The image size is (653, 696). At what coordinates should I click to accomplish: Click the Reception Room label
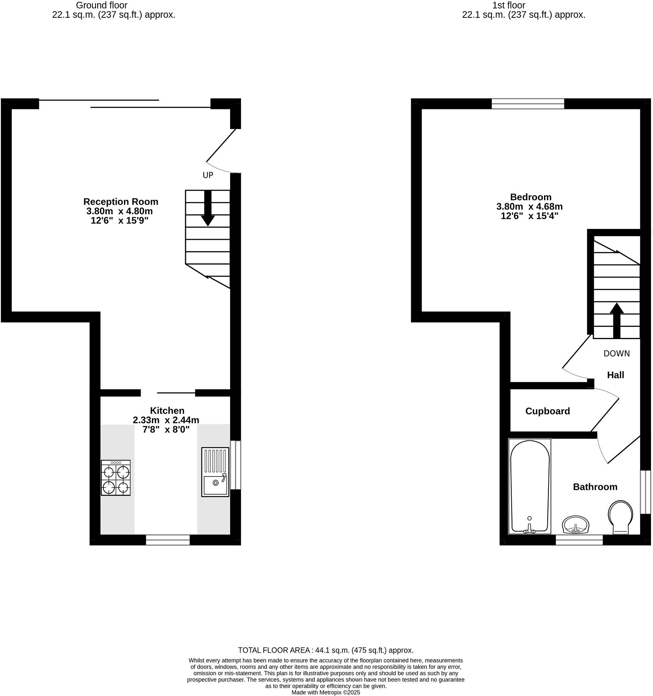click(x=121, y=202)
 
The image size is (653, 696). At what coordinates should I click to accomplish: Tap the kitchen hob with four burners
click(x=116, y=478)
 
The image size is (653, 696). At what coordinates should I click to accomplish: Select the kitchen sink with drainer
click(x=215, y=472)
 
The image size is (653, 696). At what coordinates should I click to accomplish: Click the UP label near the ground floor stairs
click(x=208, y=175)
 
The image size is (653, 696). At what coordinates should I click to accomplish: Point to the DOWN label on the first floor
click(x=617, y=353)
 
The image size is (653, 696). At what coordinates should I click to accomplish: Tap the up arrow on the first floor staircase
click(x=617, y=320)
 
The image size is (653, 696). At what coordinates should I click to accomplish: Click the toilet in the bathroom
click(x=620, y=517)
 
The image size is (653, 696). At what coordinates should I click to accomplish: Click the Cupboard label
click(x=547, y=411)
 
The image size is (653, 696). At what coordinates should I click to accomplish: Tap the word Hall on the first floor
click(x=615, y=375)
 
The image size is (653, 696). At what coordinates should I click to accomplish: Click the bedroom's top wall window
click(x=527, y=104)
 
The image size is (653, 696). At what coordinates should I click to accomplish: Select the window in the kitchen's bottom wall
click(x=168, y=540)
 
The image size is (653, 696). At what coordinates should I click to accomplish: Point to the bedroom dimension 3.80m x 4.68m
click(x=529, y=207)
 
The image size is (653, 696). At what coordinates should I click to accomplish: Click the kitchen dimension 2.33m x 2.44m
click(x=166, y=420)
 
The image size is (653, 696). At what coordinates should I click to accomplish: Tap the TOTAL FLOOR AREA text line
click(x=326, y=650)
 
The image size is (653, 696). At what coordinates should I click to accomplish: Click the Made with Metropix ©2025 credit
click(x=326, y=692)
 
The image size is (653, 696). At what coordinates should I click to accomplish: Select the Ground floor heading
click(x=102, y=5)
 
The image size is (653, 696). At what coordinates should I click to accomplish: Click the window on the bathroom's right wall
click(x=645, y=492)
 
